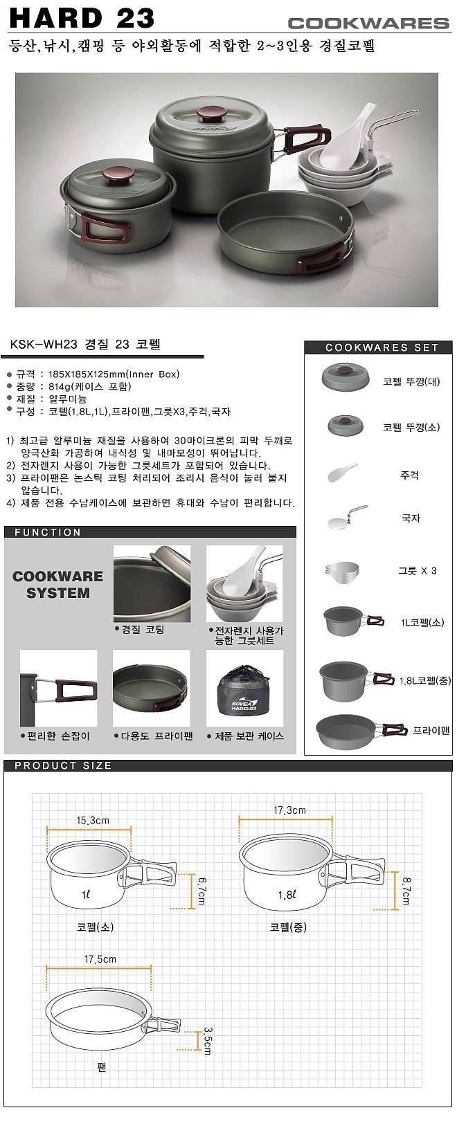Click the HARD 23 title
point(82,18)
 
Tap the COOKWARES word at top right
point(368,23)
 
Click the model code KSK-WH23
point(44,344)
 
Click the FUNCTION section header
point(48,532)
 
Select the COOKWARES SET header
point(382,347)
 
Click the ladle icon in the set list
point(346,518)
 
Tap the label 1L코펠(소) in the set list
point(422,622)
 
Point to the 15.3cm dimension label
point(93,821)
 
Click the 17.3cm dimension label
point(289,810)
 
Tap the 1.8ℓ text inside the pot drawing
point(287,895)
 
